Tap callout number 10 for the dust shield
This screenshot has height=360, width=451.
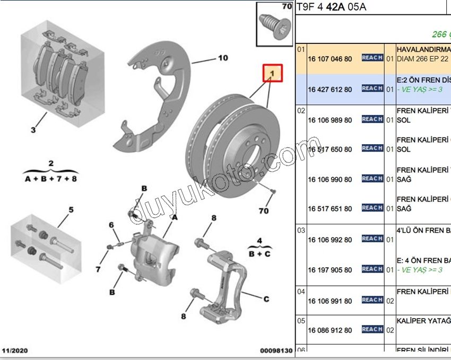point(223,58)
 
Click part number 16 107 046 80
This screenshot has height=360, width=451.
point(329,58)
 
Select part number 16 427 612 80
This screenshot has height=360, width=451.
point(329,89)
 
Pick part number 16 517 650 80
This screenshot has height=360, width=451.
point(329,150)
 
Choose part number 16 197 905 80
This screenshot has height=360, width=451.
point(329,270)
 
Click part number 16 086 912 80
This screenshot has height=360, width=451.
point(329,330)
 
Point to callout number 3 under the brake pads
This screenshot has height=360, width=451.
point(33,130)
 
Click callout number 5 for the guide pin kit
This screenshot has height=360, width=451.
point(71,209)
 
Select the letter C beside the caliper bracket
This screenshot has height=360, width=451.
point(266,299)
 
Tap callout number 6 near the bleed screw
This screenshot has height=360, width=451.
point(111,225)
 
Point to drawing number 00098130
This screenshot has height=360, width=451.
point(276,351)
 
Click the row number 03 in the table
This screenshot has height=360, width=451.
point(301,231)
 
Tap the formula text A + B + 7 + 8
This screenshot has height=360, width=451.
point(50,179)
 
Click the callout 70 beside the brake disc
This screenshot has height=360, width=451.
point(263,212)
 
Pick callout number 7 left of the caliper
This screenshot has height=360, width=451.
point(98,270)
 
